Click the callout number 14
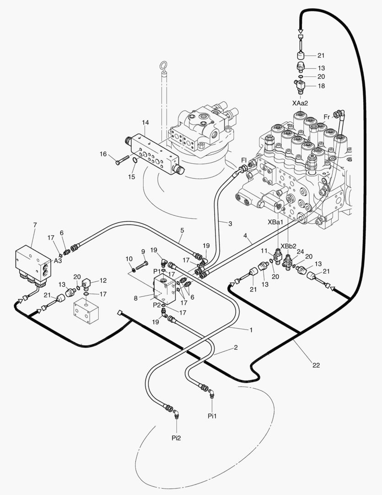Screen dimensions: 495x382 pos(145,122)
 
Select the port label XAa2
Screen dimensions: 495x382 pos(300,103)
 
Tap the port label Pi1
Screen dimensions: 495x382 pos(212,416)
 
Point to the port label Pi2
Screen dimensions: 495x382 pos(176,438)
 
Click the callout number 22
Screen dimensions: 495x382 pos(316,365)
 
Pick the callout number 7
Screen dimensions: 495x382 pos(35,225)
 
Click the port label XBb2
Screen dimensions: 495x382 pos(288,245)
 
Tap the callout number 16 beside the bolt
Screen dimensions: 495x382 pos(103,154)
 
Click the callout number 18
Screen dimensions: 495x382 pos(321,86)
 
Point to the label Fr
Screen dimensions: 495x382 pos(327,117)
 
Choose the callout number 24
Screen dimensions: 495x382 pos(300,251)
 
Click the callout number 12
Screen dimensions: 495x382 pos(103,280)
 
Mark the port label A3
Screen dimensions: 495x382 pos(58,260)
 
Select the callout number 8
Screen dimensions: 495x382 pos(135,298)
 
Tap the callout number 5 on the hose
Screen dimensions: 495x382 pos(182,230)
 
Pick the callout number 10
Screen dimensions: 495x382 pos(129,259)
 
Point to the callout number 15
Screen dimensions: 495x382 pos(132,176)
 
